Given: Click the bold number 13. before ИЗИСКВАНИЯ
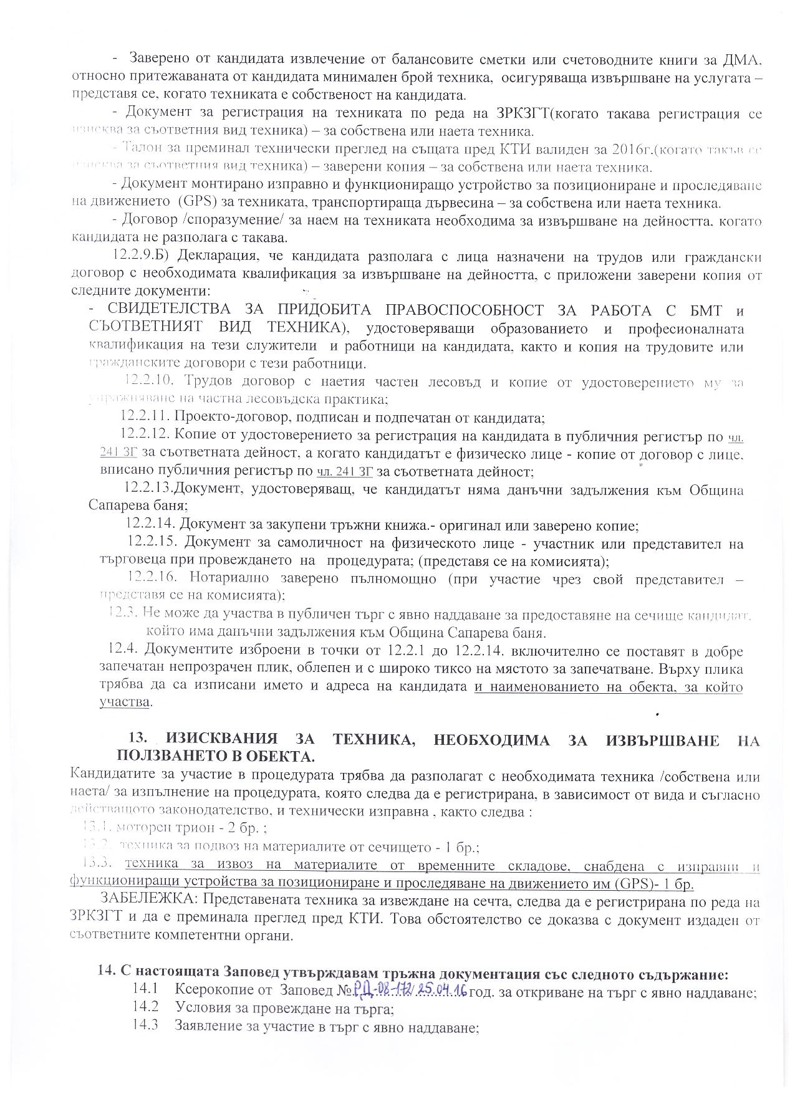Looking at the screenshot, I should click(138, 739).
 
